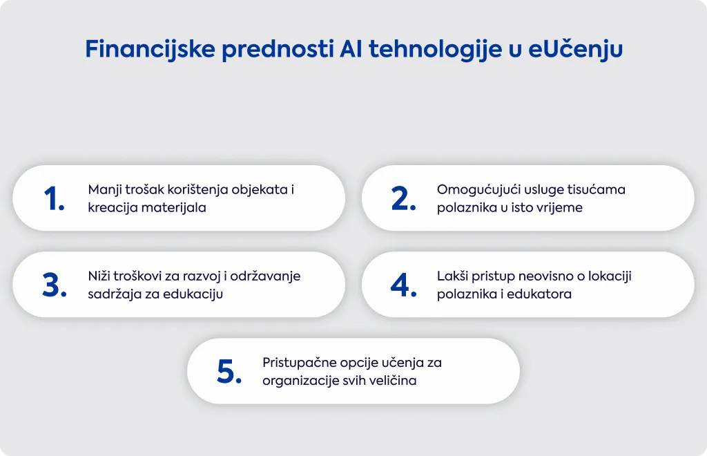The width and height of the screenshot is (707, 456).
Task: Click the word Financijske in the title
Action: tap(150, 49)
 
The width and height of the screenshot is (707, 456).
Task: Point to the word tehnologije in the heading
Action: tap(436, 50)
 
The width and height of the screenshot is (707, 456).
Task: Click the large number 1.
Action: tap(54, 198)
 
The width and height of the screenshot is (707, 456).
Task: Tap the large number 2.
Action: tap(403, 198)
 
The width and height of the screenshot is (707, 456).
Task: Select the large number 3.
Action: tap(55, 285)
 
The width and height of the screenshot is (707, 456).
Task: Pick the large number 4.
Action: tap(403, 285)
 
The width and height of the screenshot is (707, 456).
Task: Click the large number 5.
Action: tap(229, 372)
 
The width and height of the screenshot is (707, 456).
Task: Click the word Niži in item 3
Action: tap(99, 276)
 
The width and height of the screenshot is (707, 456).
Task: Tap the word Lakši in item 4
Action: tap(452, 276)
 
